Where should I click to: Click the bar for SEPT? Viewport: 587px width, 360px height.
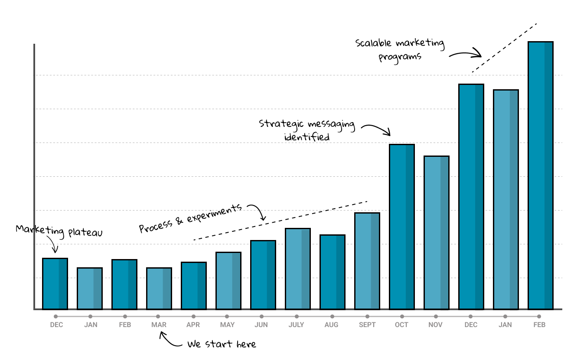click(367, 261)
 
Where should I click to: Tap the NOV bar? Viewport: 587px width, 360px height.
click(436, 233)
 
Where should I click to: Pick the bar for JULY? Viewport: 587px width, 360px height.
click(297, 269)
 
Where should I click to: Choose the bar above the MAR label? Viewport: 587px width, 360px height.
click(159, 288)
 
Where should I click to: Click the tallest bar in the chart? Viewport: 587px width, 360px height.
click(540, 175)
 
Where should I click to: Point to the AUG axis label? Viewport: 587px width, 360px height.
click(332, 325)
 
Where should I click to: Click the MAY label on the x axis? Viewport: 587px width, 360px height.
click(227, 325)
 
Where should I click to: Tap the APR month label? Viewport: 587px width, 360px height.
click(193, 325)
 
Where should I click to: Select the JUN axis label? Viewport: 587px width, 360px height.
click(261, 325)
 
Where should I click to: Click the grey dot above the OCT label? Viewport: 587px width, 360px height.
click(402, 317)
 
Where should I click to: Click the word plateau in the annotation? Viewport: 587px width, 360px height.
click(85, 233)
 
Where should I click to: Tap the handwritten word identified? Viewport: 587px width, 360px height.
click(307, 137)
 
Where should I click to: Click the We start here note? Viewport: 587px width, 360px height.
click(222, 344)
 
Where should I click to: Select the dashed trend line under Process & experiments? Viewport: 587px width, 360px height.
click(280, 221)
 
